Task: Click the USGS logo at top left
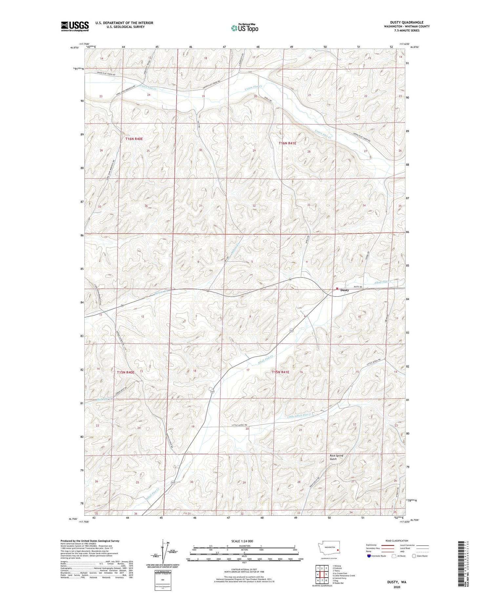[75, 26]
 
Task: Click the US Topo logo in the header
[244, 28]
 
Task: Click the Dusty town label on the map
[344, 290]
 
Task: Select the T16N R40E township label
[134, 139]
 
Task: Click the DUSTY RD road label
[358, 287]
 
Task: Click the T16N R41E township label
[288, 143]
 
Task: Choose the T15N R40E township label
[126, 373]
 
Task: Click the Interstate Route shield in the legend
[369, 556]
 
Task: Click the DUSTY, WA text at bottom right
[397, 582]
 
